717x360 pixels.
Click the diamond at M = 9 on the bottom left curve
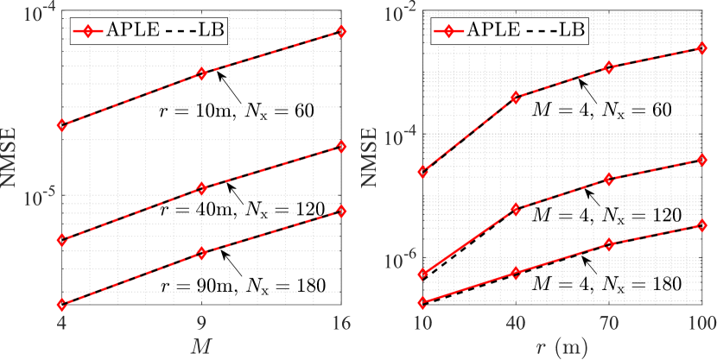point(201,254)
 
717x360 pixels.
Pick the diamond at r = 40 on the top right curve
point(517,98)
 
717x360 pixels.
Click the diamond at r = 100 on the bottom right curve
point(702,225)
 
